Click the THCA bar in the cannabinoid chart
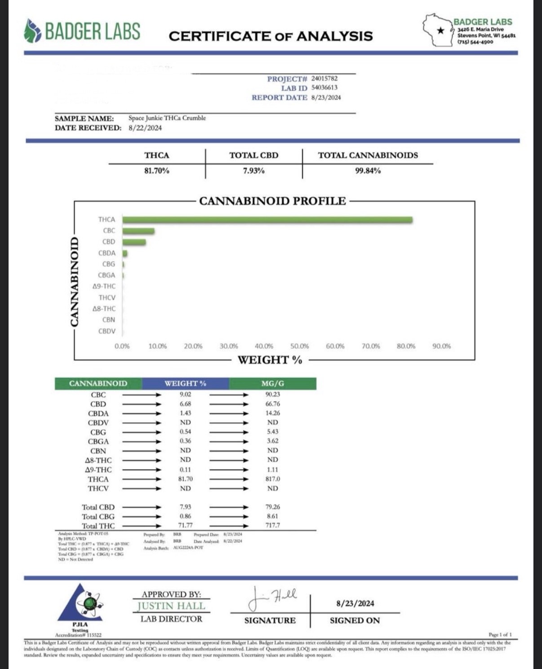tap(267, 220)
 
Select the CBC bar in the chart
tap(138, 231)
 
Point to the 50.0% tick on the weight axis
tap(299, 346)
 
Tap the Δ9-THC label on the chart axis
tap(104, 286)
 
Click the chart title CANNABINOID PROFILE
tap(272, 201)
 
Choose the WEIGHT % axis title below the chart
tap(270, 360)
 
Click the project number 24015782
tap(324, 79)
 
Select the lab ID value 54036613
tap(324, 88)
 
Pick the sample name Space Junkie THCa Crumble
tap(167, 118)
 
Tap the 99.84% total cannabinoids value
tap(368, 171)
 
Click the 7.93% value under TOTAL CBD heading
tap(253, 171)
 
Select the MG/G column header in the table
tap(272, 384)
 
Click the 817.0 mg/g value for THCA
tap(272, 479)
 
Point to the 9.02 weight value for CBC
tap(185, 394)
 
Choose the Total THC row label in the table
tap(98, 526)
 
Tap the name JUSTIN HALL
tap(171, 606)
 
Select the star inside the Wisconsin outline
tap(441, 31)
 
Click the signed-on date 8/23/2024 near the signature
tap(355, 603)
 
